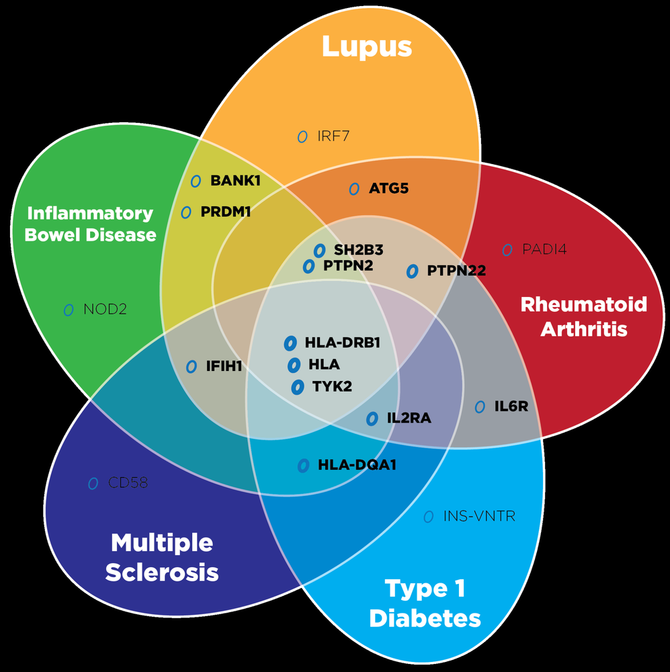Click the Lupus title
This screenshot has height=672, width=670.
coord(366,47)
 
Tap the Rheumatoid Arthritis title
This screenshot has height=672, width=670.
coord(583,317)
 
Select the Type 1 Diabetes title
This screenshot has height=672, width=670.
coord(425,603)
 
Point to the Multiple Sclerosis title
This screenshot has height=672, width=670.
coord(162,557)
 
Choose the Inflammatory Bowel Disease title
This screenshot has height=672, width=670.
coord(90,224)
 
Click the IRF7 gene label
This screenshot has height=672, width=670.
coord(333,137)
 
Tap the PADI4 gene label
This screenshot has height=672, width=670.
coord(544,250)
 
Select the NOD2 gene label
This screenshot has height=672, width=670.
coord(105,310)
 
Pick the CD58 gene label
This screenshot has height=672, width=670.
coord(128,483)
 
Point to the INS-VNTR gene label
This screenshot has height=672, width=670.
coord(479,517)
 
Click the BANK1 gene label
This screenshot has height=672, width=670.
coord(235,181)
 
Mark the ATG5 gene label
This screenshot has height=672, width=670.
coord(388,189)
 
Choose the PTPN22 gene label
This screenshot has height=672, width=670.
coord(456,271)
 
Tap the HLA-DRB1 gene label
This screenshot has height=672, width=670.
coord(343,343)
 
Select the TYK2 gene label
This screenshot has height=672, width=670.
coord(332,386)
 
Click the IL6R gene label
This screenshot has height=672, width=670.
coord(511,407)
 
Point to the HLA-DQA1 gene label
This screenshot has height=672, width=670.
coord(356,464)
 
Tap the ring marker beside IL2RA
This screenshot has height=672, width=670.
coord(372,419)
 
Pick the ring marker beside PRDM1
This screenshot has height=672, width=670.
coord(187,212)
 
